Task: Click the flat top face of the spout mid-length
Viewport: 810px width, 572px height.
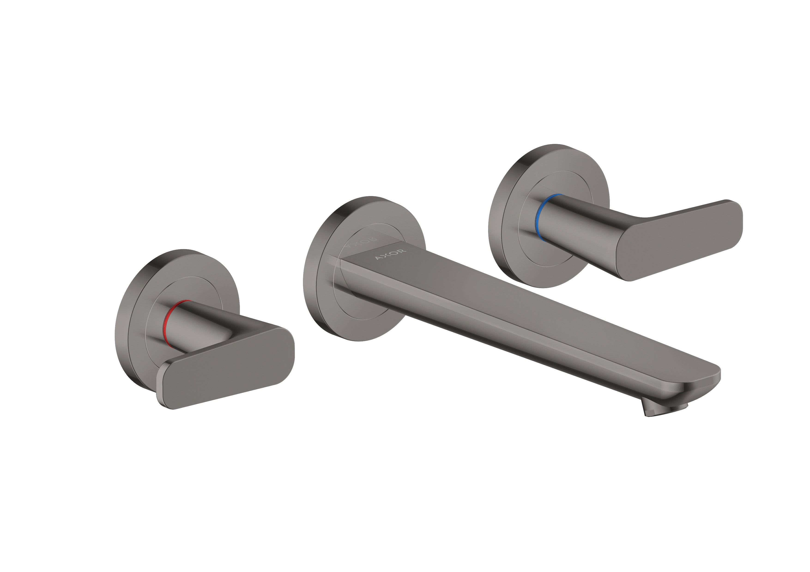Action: (529, 310)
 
